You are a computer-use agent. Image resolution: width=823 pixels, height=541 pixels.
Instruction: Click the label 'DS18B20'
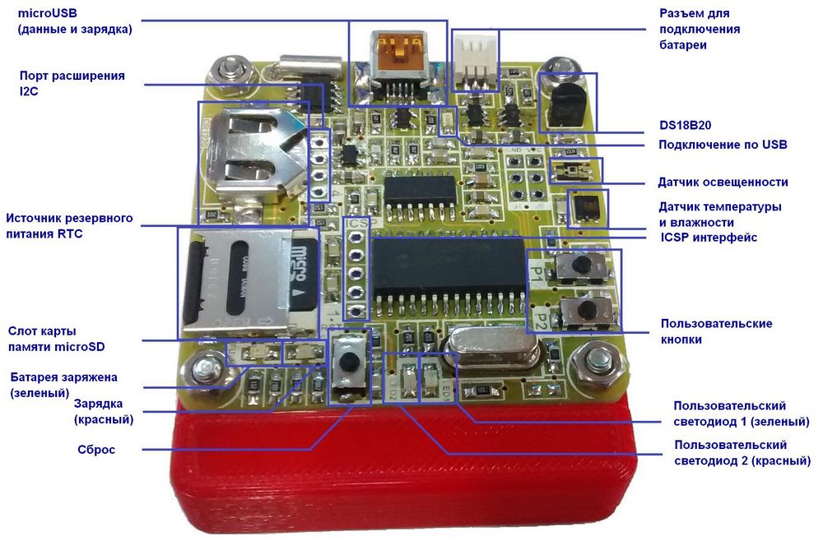click(x=685, y=125)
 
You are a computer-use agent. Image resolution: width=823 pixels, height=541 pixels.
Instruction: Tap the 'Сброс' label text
click(x=96, y=450)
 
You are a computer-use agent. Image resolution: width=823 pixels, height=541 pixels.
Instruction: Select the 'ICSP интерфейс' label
click(x=709, y=238)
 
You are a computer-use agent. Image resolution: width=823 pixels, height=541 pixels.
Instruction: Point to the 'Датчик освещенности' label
click(x=723, y=182)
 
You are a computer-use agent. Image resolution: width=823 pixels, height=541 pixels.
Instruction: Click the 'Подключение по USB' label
click(x=723, y=145)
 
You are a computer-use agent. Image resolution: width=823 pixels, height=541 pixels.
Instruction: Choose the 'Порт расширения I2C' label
click(x=72, y=83)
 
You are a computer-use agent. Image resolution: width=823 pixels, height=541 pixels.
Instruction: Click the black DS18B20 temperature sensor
click(x=565, y=105)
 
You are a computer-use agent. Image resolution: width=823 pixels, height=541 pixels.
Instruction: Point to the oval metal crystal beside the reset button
click(x=491, y=346)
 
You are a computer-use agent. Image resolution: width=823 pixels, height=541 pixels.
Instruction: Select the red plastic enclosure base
click(x=404, y=466)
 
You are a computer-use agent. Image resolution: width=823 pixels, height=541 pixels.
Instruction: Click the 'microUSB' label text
click(x=47, y=13)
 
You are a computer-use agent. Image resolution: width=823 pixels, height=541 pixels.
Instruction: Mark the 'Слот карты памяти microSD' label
click(x=56, y=340)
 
